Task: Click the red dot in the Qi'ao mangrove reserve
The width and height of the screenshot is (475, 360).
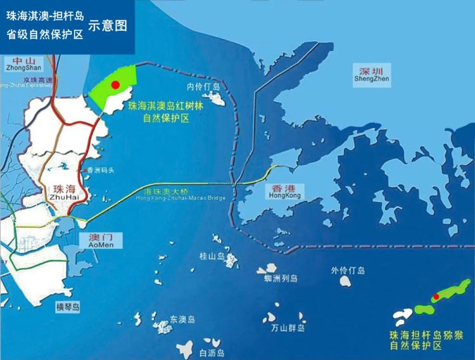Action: pyautogui.click(x=115, y=84)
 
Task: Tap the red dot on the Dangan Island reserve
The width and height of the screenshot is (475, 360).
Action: pyautogui.click(x=436, y=296)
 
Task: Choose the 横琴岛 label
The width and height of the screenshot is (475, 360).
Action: pyautogui.click(x=68, y=307)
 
